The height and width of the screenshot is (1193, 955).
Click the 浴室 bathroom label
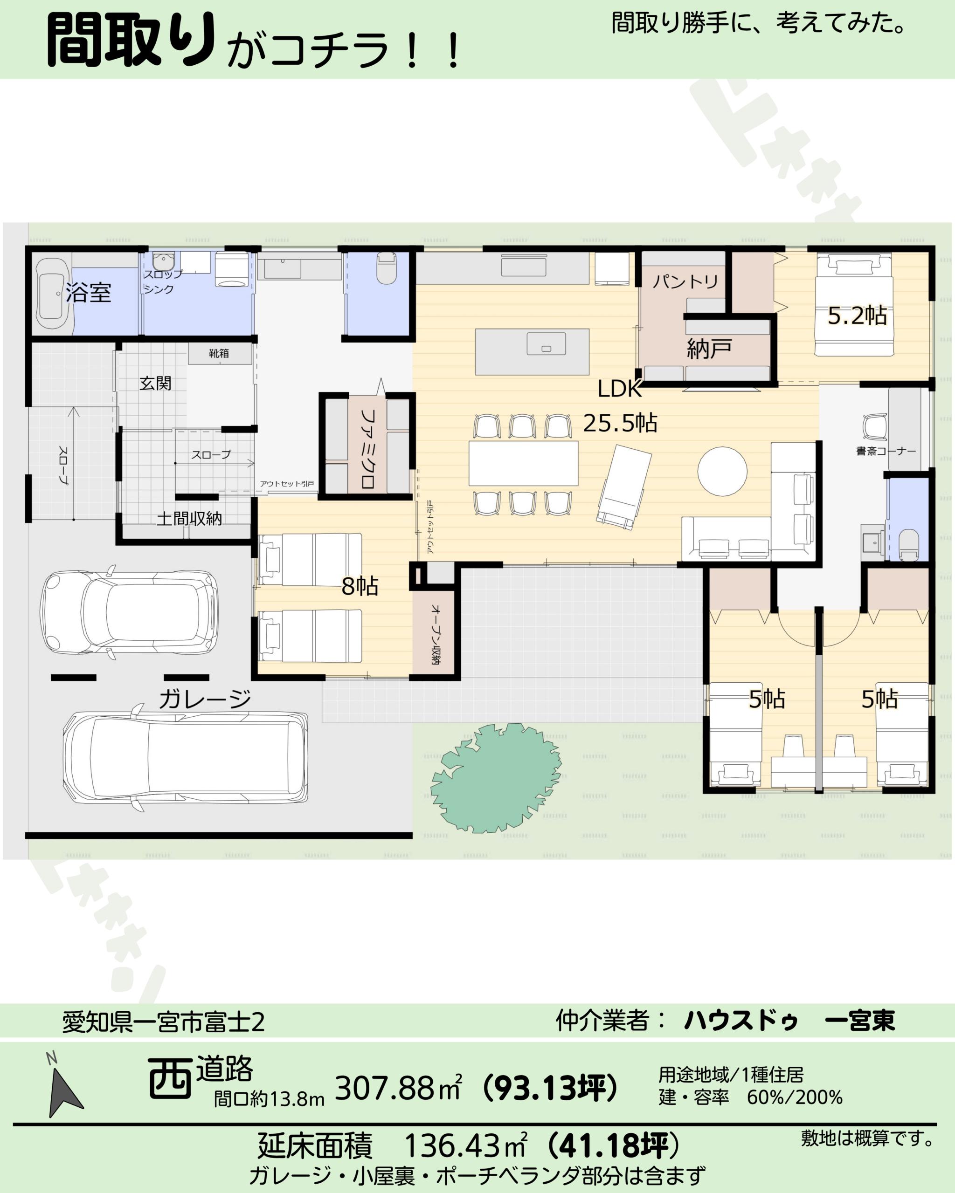pyautogui.click(x=89, y=292)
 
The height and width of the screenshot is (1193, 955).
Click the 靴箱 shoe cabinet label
pyautogui.click(x=219, y=353)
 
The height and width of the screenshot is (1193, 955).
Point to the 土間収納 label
pyautogui.click(x=189, y=519)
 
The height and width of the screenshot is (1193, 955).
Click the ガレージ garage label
pyautogui.click(x=205, y=699)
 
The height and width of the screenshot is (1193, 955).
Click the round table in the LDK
pyautogui.click(x=722, y=472)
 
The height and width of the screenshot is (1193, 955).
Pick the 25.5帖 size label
pyautogui.click(x=620, y=423)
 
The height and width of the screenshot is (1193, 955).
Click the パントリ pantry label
pyautogui.click(x=685, y=281)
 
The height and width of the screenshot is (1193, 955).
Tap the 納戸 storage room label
pyautogui.click(x=709, y=349)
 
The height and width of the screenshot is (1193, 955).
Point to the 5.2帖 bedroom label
pyautogui.click(x=857, y=315)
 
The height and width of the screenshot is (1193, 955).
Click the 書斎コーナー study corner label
pyautogui.click(x=886, y=451)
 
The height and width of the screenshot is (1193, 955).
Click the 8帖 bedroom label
pyautogui.click(x=360, y=586)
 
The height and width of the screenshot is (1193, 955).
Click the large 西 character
pyautogui.click(x=169, y=1078)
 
